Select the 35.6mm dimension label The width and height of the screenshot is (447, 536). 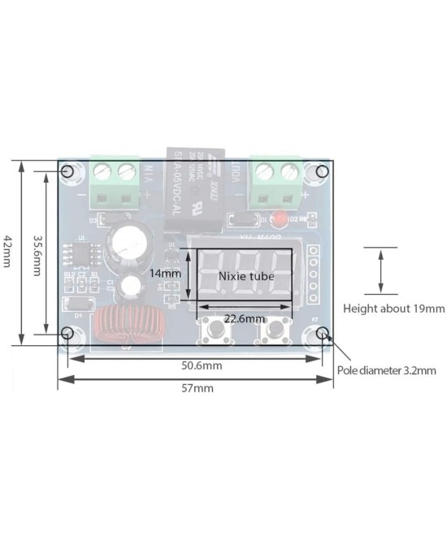(x=37, y=255)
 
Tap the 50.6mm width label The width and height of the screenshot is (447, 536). (x=201, y=366)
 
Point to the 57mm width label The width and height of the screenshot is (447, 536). (x=197, y=388)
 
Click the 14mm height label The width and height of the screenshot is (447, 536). (x=165, y=274)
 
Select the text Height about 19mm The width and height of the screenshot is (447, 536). (x=393, y=309)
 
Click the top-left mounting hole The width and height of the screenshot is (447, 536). (x=68, y=172)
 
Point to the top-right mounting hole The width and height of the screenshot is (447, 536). (x=322, y=172)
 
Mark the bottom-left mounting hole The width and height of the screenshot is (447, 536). (x=68, y=333)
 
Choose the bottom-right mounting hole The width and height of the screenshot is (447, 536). (x=323, y=333)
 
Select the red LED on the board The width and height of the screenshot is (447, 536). (x=279, y=218)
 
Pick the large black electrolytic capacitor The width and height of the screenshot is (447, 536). (x=131, y=244)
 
